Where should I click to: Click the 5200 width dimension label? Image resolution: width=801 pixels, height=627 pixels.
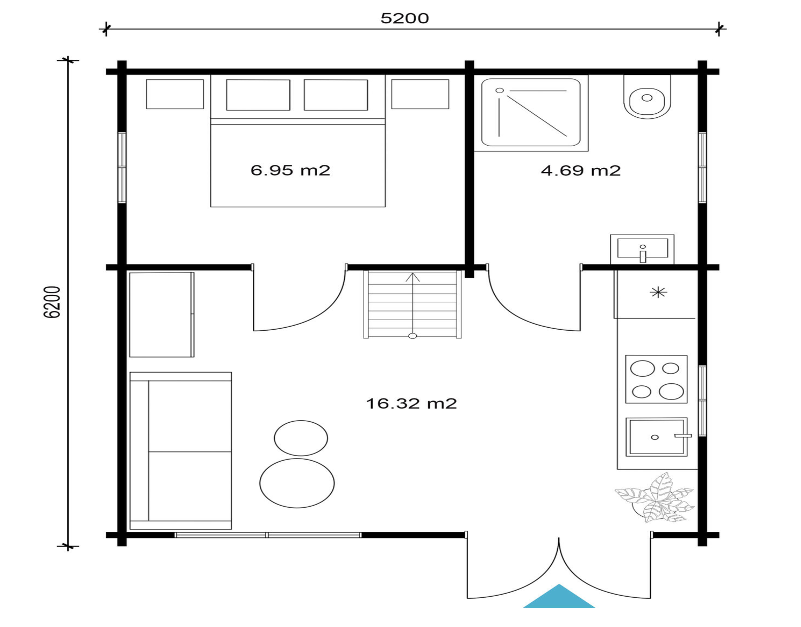coord(405,18)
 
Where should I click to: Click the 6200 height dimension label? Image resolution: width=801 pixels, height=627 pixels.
coord(52,302)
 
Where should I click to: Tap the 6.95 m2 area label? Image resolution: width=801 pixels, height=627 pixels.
coord(290,170)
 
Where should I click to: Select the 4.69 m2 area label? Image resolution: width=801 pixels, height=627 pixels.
coord(581,171)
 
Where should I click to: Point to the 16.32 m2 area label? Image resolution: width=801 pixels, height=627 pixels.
coord(412,404)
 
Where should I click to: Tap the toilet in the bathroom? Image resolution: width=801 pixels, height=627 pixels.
coord(647,97)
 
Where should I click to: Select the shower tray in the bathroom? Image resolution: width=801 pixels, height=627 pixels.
coord(531,112)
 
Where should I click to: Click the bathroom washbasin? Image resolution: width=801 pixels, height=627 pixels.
coord(642,249)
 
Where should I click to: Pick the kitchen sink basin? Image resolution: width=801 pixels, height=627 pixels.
coord(656,437)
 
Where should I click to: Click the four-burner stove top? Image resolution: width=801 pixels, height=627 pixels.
coord(656,379)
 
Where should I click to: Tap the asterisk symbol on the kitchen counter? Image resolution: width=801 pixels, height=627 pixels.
coord(658,293)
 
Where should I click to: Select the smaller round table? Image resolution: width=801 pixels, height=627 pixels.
coord(301,438)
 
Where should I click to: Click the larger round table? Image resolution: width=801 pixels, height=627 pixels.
coord(297,483)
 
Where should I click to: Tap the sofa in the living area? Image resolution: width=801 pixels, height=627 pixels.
coord(181,451)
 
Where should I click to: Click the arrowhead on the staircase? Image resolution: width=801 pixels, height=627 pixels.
coord(413,277)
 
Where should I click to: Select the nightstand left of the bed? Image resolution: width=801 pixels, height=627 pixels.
coord(175,94)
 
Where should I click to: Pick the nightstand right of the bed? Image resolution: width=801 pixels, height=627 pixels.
coord(420,94)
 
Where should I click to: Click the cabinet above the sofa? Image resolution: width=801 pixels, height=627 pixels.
coord(161,315)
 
